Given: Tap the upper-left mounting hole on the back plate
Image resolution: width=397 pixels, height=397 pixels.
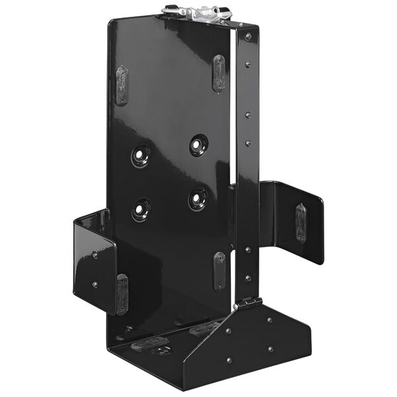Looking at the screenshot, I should (x=141, y=155).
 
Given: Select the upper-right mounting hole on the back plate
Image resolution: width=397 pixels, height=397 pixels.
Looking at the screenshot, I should (x=198, y=144).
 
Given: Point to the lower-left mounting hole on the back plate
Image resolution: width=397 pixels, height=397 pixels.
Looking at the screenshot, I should (x=141, y=209).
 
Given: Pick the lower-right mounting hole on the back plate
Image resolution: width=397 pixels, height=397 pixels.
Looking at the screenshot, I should (x=197, y=198).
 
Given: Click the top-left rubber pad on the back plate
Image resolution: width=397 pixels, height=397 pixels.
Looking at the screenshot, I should (x=122, y=85).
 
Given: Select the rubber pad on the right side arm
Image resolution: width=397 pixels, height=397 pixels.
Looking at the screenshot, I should (x=301, y=222).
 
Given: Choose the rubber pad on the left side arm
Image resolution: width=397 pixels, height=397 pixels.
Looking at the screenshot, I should (x=122, y=293).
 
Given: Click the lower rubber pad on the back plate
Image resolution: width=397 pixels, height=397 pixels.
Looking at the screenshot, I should (x=219, y=270).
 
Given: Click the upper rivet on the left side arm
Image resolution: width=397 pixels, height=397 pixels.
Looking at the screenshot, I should (x=95, y=254).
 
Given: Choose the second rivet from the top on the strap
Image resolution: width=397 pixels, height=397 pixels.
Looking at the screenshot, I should (x=248, y=65).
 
